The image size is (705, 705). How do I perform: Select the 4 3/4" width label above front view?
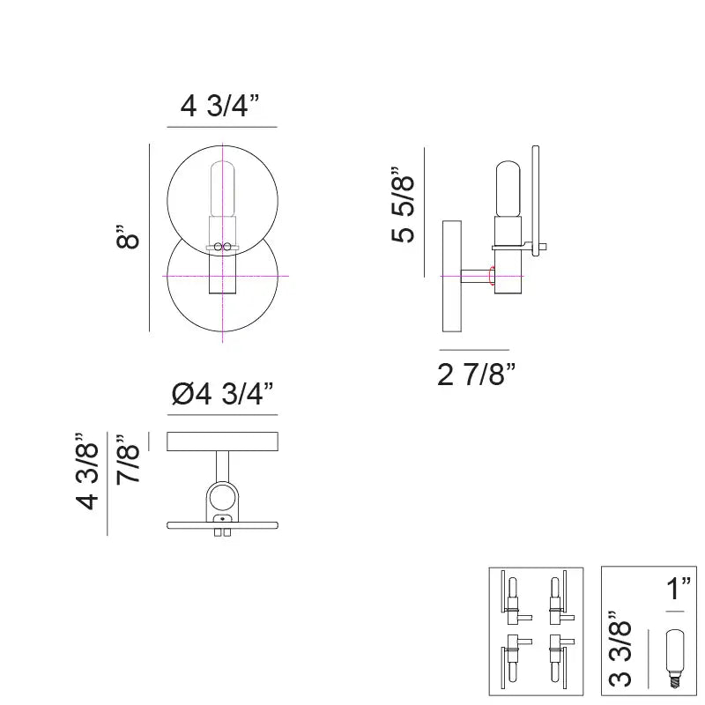point(221,107)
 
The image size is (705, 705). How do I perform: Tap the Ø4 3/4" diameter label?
point(221,394)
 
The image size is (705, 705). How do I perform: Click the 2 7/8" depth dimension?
point(476,375)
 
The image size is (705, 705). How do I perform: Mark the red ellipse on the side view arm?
point(492,277)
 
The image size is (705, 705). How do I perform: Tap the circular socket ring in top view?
point(222,499)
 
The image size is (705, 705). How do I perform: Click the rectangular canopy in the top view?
point(222,441)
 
